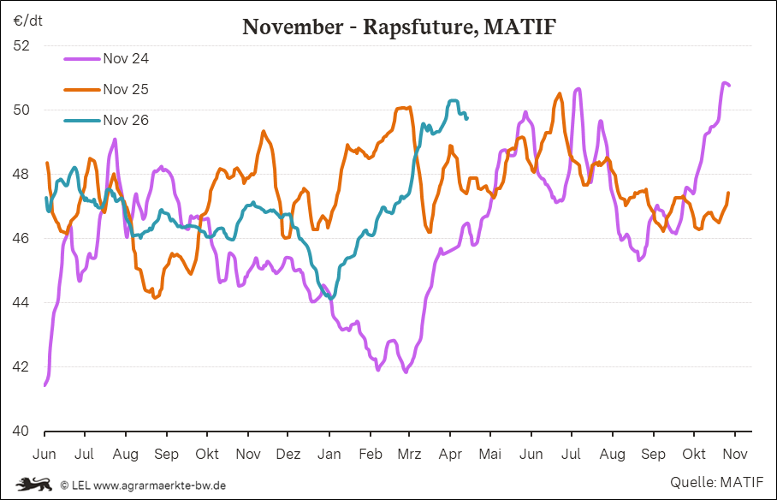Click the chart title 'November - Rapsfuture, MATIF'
coord(400,27)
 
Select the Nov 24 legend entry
coord(126,58)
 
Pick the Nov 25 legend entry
coord(126,89)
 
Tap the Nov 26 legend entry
coord(126,120)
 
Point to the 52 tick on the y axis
coord(22,45)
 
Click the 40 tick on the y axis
coord(22,432)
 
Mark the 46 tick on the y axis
coord(22,238)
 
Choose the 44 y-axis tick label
coord(22,303)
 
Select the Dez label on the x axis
coord(288,453)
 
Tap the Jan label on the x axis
coord(329,453)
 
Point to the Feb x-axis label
coord(370,453)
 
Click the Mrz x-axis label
coord(409,453)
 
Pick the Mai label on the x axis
coord(489,453)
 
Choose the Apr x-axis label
coord(450,453)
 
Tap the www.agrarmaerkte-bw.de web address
coord(159,485)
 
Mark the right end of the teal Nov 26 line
coord(466,117)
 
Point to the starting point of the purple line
coord(44,385)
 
